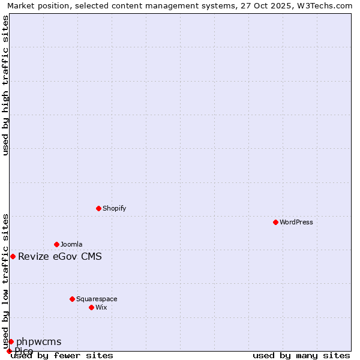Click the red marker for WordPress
coord(275,222)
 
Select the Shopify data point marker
coord(98,208)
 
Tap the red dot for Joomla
coord(56,244)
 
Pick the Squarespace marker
coord(72,299)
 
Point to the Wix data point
coord(91,307)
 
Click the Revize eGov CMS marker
coord(13,256)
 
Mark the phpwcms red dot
coord(11,341)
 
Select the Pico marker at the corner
coord(9,351)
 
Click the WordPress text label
coord(296,222)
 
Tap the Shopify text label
coord(114,208)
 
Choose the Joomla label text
coord(71,244)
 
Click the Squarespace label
coord(97,299)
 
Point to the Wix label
coord(101,307)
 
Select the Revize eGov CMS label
coord(60,257)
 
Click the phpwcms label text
coord(39,342)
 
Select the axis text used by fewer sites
coord(62,356)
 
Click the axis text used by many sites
coord(301,356)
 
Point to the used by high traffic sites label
coord(6,85)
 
